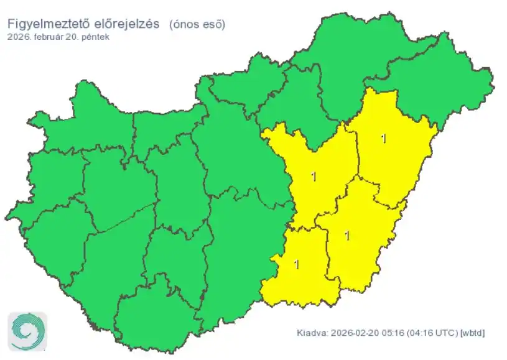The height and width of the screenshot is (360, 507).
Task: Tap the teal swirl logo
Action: [x=27, y=331]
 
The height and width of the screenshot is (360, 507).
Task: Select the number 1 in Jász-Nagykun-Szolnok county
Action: [x=313, y=177]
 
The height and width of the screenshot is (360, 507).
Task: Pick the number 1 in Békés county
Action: [x=347, y=236]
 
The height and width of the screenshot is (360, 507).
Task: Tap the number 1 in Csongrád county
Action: [x=296, y=264]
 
